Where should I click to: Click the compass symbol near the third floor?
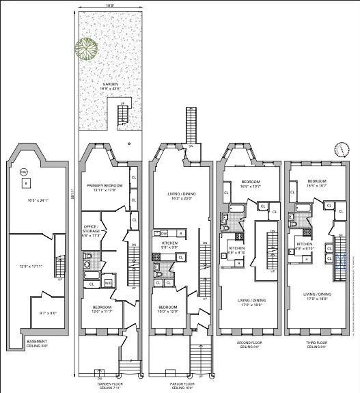340,150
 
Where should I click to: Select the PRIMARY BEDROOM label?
102,188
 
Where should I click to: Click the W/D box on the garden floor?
107,283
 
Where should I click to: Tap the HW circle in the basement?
23,172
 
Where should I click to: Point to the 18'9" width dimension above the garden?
106,6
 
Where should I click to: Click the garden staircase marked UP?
123,115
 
